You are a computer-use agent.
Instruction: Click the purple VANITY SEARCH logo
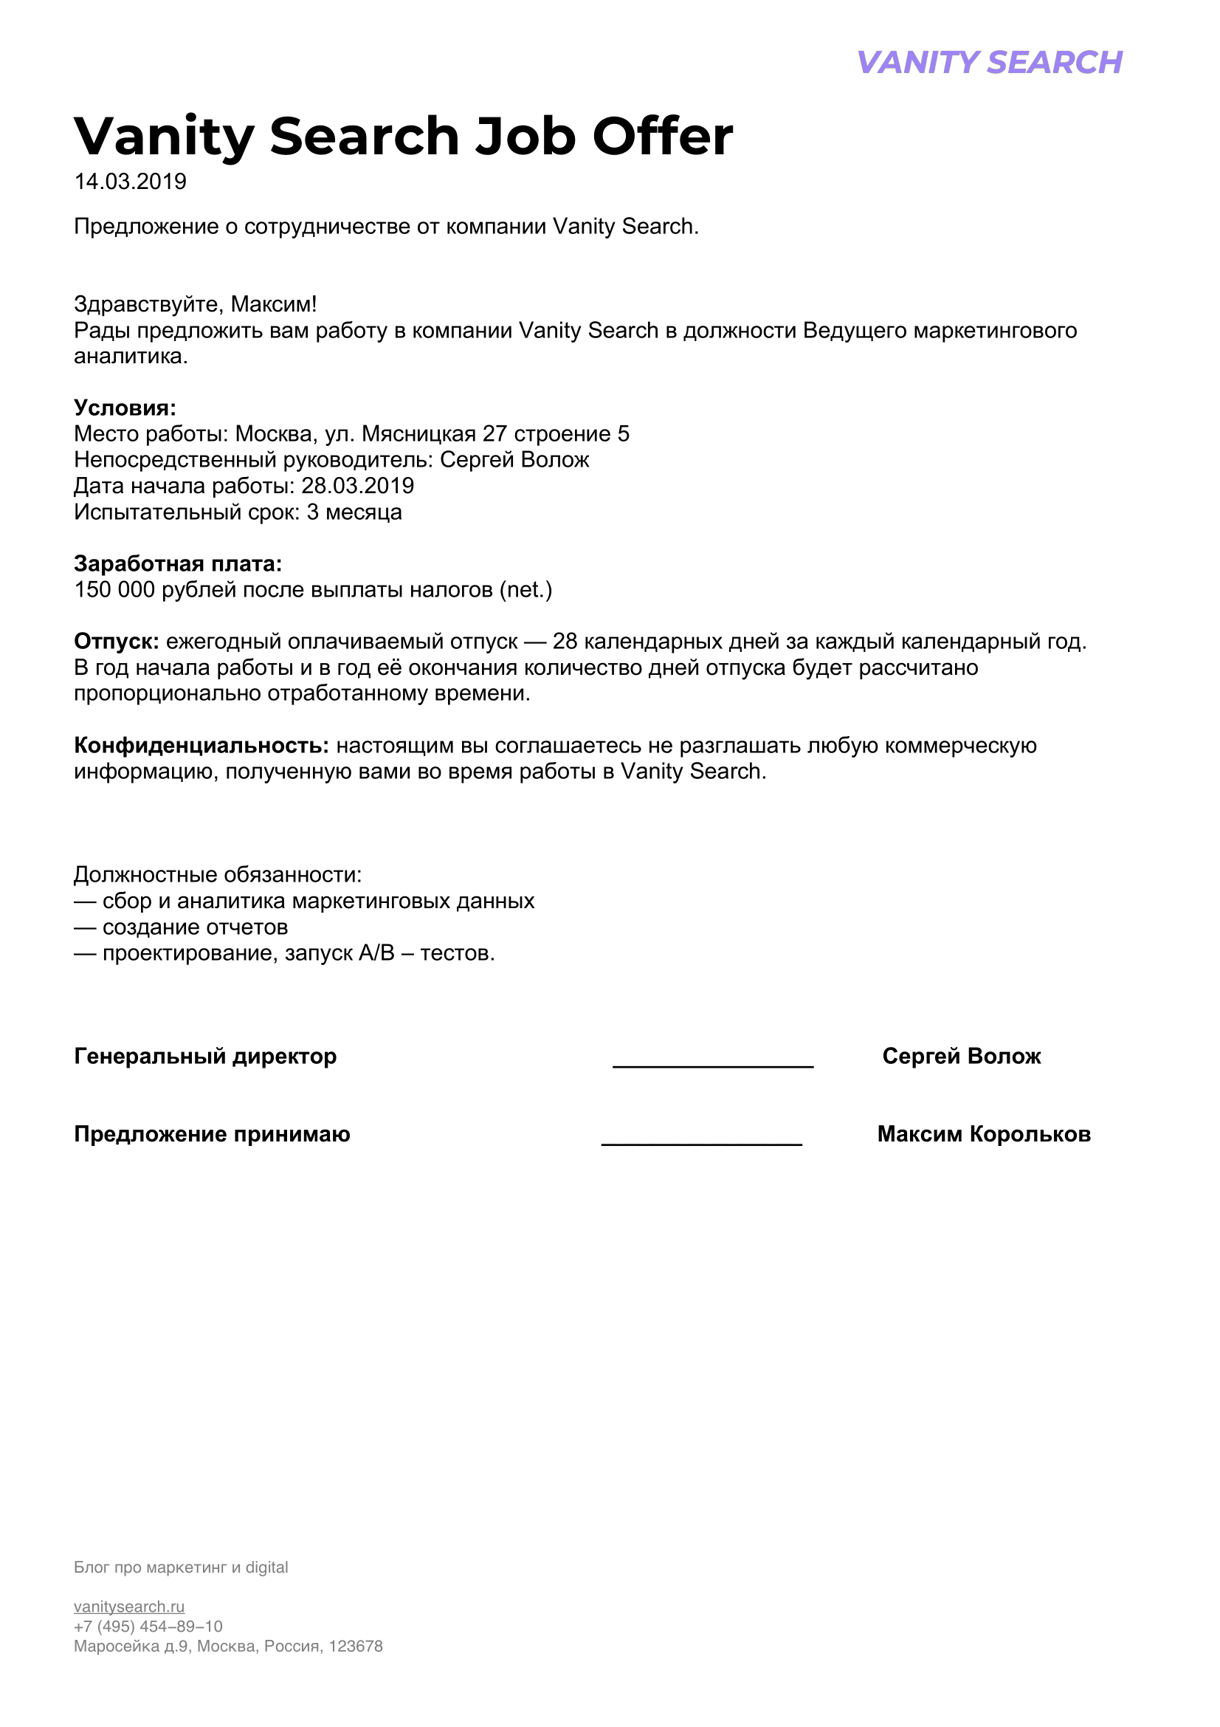[x=989, y=63]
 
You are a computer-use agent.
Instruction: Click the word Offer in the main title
[x=662, y=137]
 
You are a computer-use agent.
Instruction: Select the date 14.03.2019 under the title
[x=130, y=182]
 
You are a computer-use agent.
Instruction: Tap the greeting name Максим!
[x=274, y=304]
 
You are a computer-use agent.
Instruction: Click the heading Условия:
[x=125, y=408]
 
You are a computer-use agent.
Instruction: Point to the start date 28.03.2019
[x=358, y=486]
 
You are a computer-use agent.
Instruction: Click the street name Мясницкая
[x=418, y=434]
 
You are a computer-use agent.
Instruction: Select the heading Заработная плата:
[x=178, y=563]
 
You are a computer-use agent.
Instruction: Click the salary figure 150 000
[x=114, y=590]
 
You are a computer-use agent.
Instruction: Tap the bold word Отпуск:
[x=117, y=642]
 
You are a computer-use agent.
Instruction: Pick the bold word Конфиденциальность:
[x=201, y=746]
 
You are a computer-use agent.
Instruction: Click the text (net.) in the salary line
[x=526, y=590]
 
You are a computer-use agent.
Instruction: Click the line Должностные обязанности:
[x=218, y=875]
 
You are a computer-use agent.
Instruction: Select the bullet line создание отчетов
[x=195, y=927]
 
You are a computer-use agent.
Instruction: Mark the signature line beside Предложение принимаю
[x=701, y=1142]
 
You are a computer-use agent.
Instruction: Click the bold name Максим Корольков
[x=983, y=1133]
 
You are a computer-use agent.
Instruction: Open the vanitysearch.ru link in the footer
[x=129, y=1607]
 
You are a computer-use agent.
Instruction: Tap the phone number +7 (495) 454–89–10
[x=148, y=1626]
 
